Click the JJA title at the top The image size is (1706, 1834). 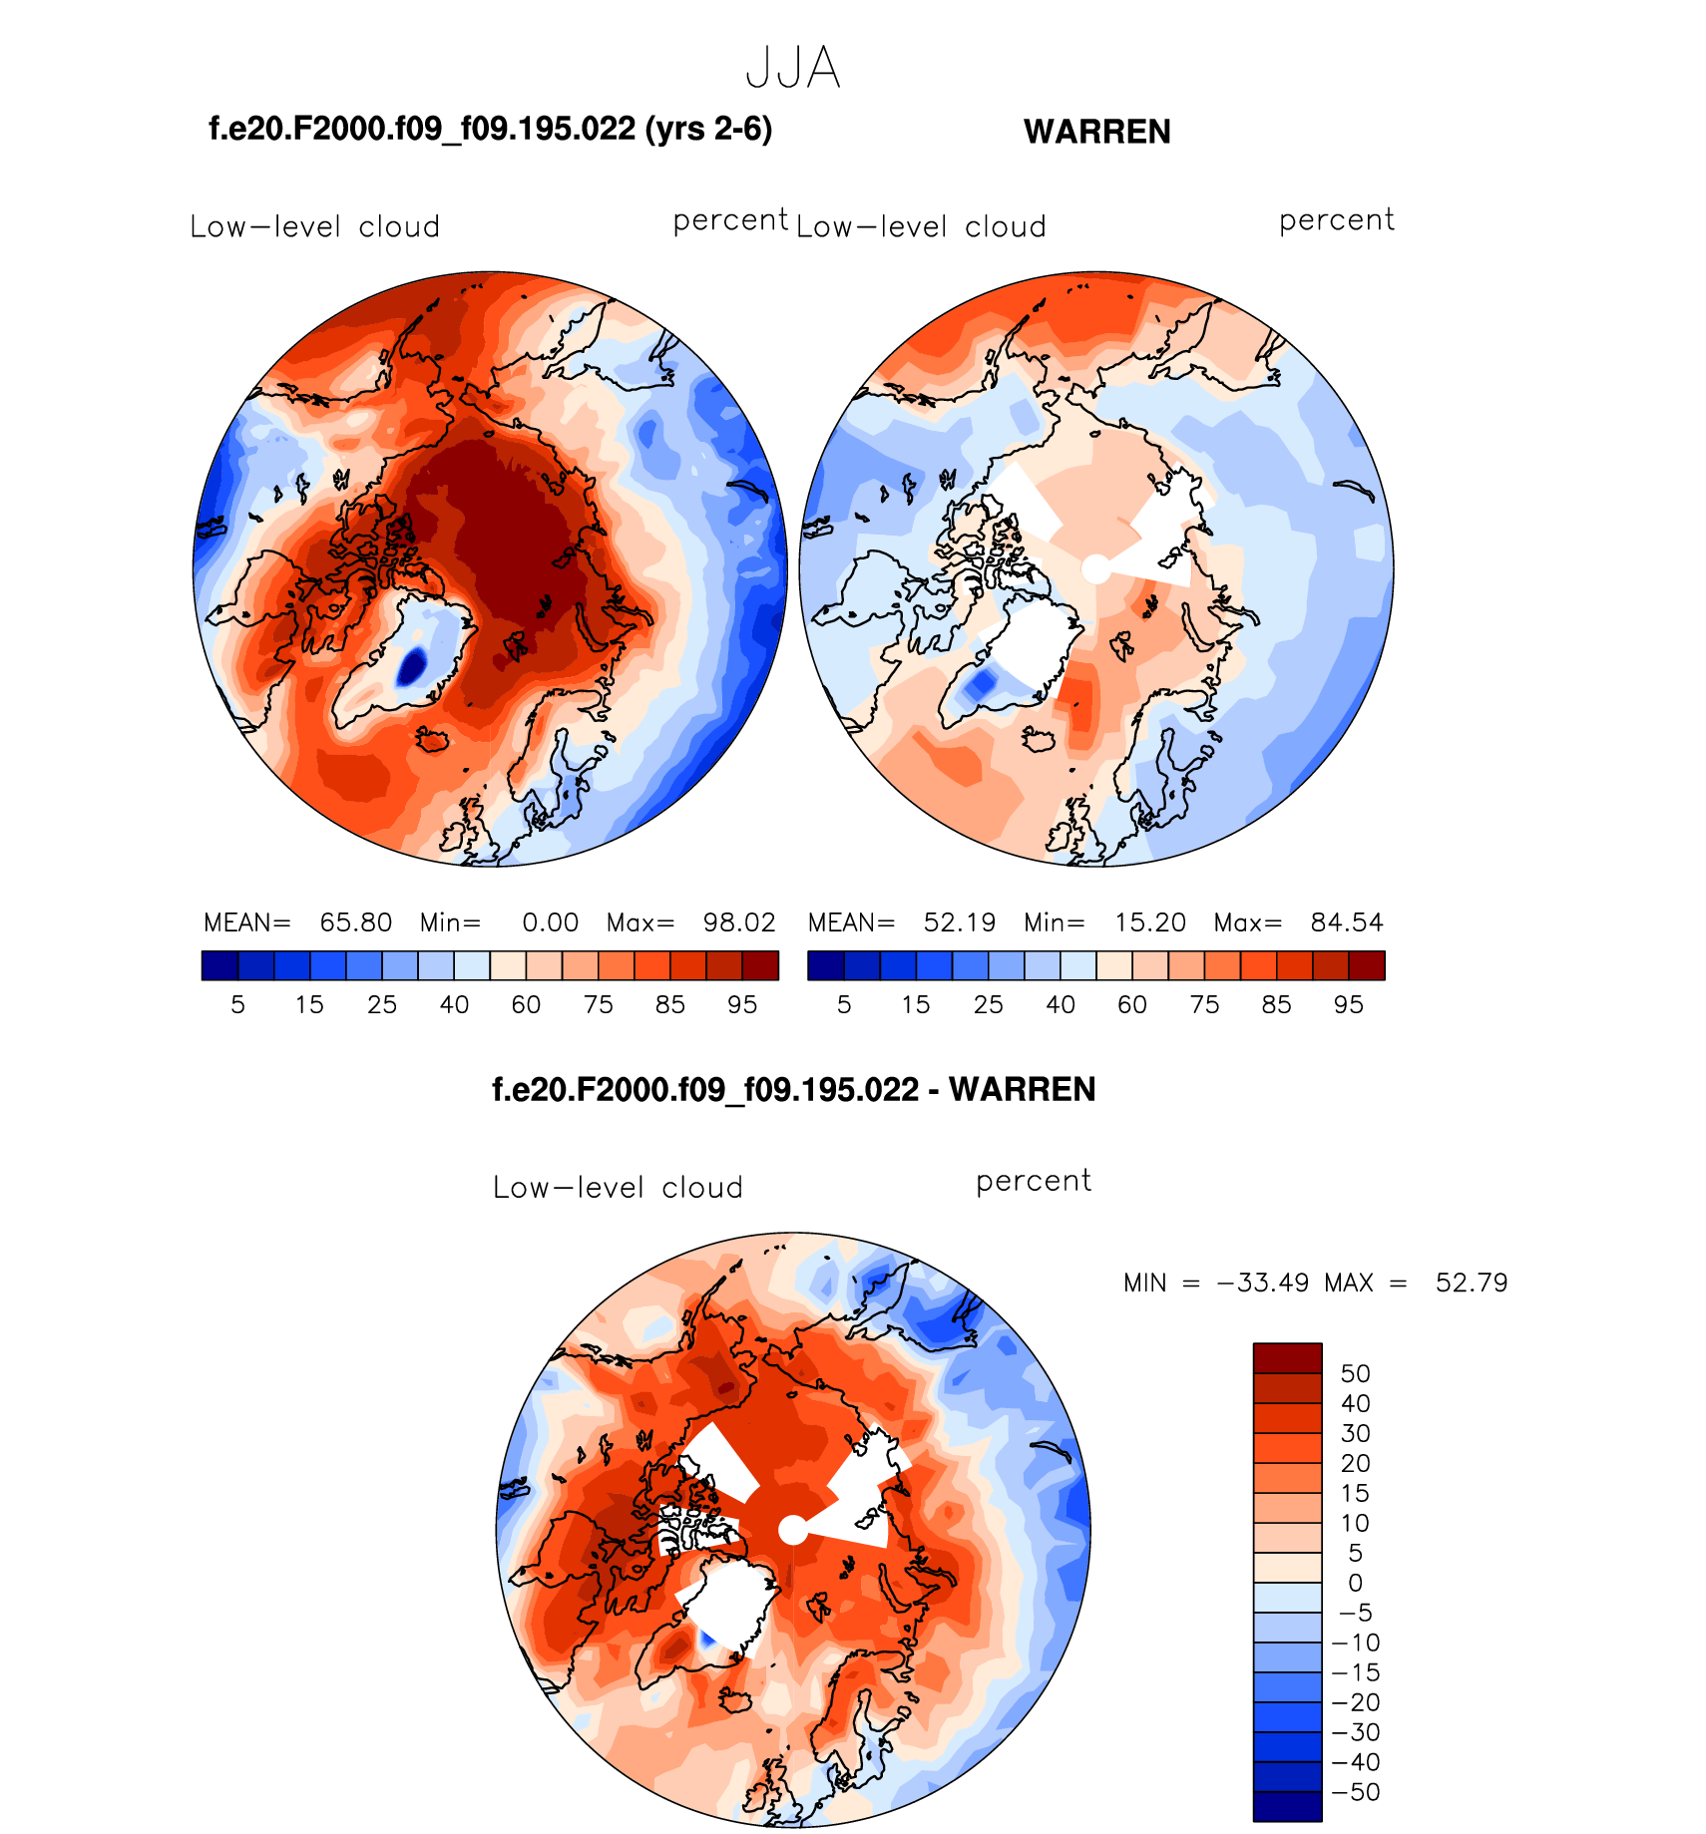coord(793,69)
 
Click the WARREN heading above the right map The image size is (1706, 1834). coord(1096,132)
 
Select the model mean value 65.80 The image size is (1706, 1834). coord(355,922)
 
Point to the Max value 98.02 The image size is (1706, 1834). coord(738,922)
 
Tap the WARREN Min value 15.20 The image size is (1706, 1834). coord(1149,922)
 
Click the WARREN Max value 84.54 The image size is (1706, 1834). coord(1346,922)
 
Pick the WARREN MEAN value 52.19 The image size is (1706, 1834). coord(959,922)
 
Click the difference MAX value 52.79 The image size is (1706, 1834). coord(1471,1283)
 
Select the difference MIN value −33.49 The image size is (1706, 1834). coord(1263,1283)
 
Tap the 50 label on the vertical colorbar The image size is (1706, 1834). coord(1355,1373)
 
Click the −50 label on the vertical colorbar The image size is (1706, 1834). coord(1355,1792)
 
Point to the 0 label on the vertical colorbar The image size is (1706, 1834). coord(1355,1583)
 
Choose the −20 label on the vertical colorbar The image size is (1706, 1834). coord(1355,1702)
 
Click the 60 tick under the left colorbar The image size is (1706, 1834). coord(526,1004)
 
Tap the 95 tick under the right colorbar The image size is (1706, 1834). coord(1348,1004)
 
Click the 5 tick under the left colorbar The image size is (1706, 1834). coord(237,1004)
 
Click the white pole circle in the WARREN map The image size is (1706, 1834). coord(1095,569)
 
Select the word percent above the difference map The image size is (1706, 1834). coord(1033,1181)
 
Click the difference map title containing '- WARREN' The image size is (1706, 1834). coord(793,1089)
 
